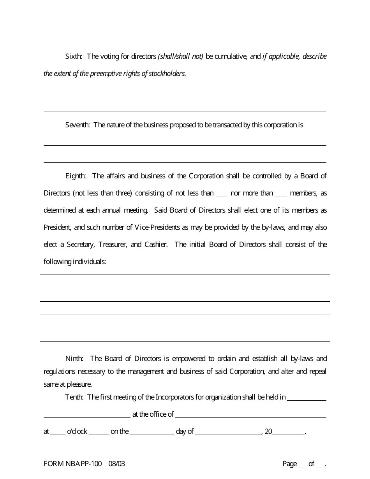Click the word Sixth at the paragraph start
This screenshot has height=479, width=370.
point(73,56)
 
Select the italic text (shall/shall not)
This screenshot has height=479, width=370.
point(180,56)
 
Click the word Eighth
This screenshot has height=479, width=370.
point(75,176)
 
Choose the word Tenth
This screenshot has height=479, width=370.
point(74,397)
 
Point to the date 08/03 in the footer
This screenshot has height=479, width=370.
point(117,464)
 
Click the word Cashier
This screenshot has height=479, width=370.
point(156,245)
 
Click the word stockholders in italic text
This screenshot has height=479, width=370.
point(169,74)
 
